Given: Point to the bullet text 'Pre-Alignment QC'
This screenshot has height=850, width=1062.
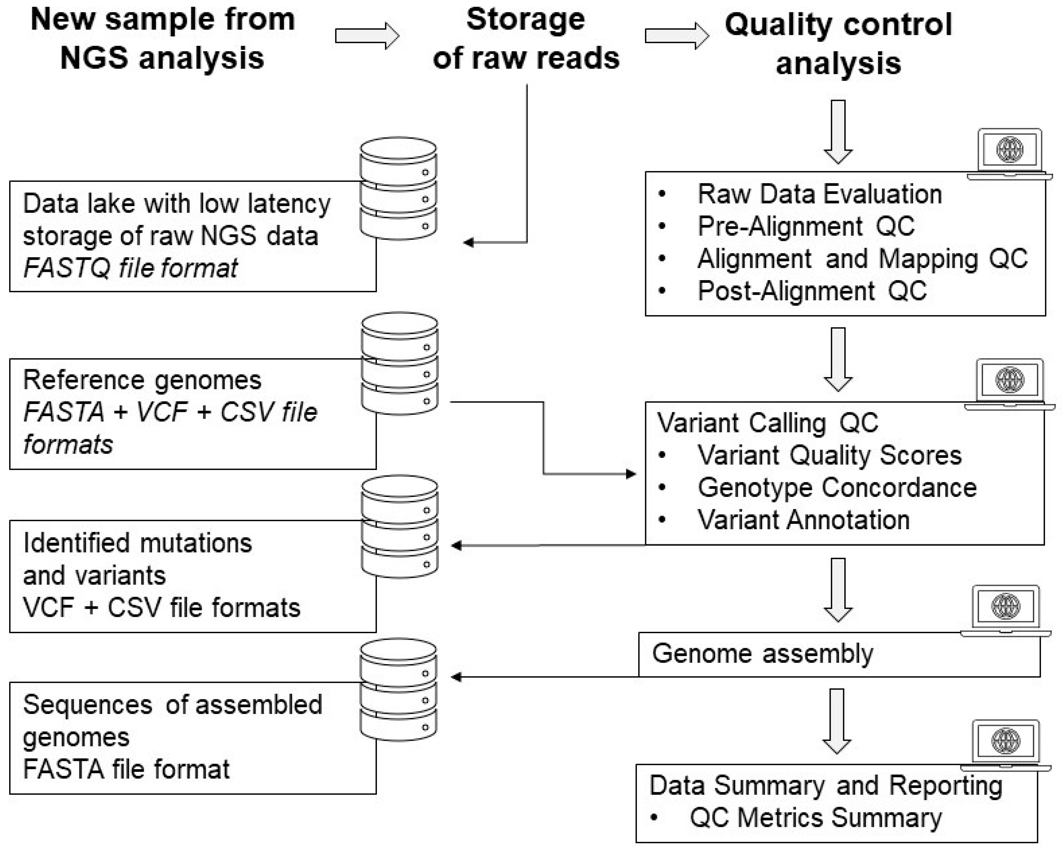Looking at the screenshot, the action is (x=806, y=226).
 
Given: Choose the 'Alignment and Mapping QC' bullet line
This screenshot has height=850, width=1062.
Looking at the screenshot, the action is (x=862, y=259).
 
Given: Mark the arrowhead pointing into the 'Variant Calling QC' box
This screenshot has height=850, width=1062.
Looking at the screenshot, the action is (x=630, y=474).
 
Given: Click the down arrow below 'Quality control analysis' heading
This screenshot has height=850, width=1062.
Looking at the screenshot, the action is (x=838, y=132).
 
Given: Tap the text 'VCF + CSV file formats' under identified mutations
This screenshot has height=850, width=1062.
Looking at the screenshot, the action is (x=162, y=607).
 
